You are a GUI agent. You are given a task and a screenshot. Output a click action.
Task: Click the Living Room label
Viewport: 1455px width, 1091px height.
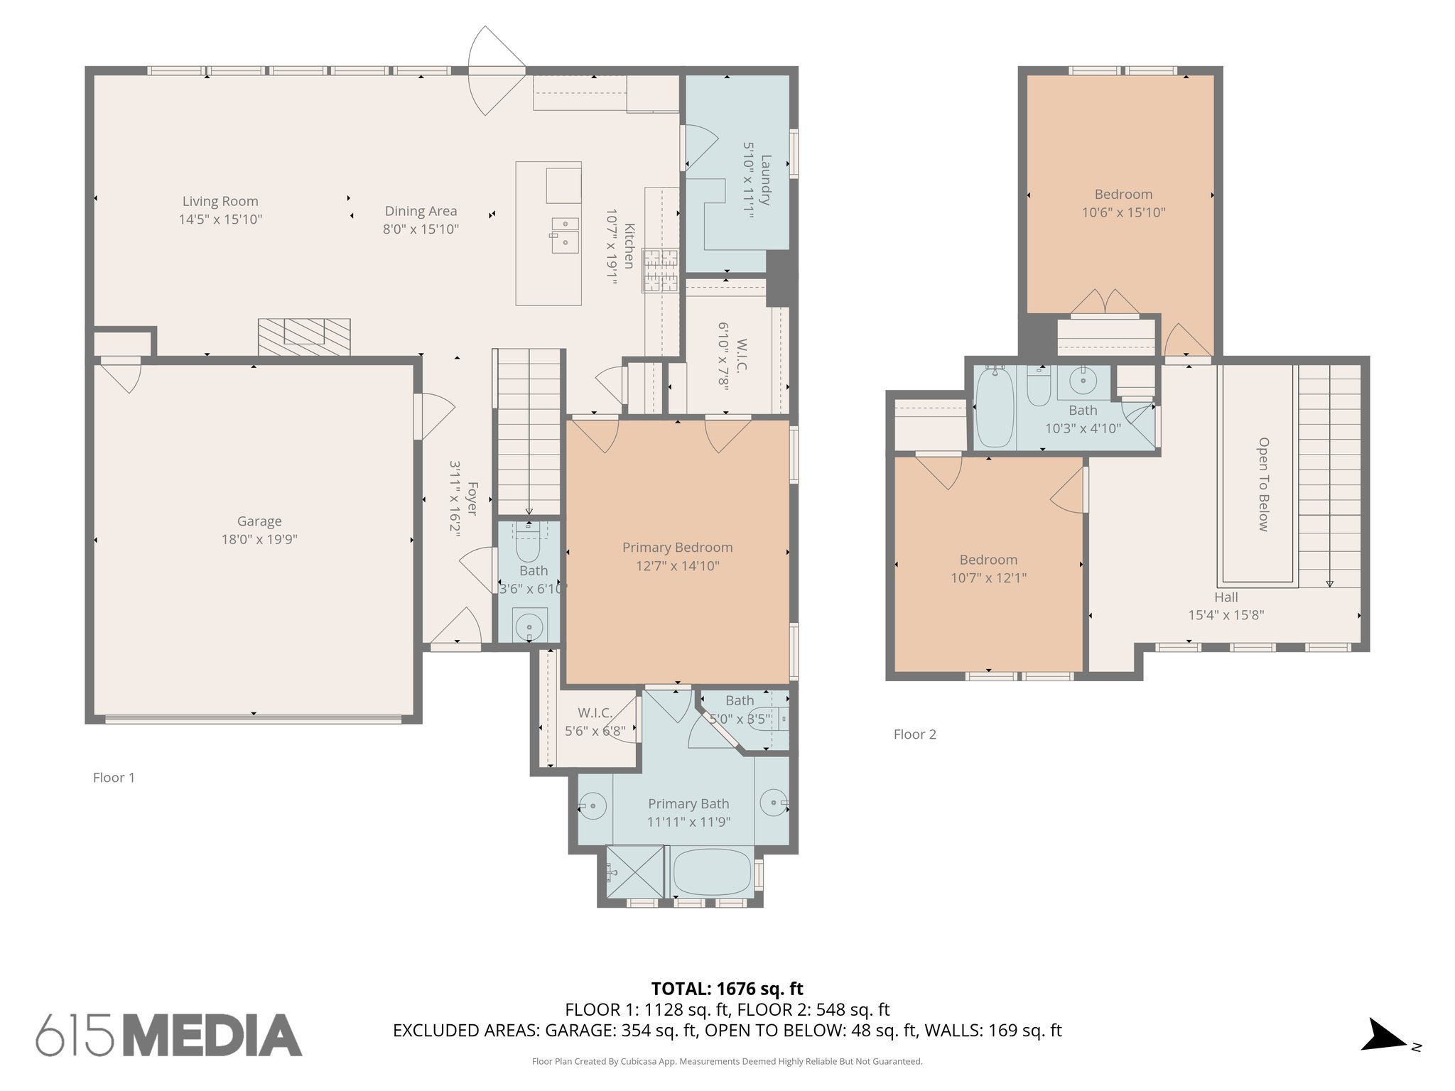click(220, 202)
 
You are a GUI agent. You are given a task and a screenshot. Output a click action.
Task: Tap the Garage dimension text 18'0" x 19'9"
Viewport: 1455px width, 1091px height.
click(259, 540)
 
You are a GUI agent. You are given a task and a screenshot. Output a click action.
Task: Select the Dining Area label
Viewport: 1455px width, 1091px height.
click(421, 211)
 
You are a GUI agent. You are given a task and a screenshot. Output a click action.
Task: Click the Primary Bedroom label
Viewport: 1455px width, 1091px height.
click(677, 548)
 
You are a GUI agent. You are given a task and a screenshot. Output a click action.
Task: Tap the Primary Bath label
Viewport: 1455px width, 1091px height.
click(688, 804)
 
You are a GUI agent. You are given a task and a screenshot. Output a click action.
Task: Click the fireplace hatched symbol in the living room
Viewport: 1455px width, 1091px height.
click(304, 337)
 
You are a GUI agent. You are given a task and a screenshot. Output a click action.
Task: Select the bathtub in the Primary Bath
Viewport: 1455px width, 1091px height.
click(711, 873)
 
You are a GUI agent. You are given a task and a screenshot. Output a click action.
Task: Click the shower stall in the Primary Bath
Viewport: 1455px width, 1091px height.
click(634, 872)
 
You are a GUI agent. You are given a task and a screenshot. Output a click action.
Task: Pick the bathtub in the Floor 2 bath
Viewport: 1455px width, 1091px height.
click(995, 407)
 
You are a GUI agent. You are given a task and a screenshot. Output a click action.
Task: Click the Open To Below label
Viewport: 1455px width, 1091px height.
click(1263, 484)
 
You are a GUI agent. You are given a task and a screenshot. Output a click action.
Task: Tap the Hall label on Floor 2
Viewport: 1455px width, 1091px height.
click(1226, 597)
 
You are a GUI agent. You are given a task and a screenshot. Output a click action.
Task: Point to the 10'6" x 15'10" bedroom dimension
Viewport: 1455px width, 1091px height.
click(1123, 212)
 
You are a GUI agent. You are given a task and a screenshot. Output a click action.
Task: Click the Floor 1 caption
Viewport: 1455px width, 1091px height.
click(114, 778)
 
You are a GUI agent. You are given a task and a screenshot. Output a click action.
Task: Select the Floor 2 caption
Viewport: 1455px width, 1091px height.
click(915, 734)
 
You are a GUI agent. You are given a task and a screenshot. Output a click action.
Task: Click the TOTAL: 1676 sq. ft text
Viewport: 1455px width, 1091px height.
click(727, 989)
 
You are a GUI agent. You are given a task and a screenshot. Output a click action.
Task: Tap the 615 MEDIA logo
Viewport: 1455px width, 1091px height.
click(169, 1035)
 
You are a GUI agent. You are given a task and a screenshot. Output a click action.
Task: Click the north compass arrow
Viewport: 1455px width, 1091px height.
click(1383, 1034)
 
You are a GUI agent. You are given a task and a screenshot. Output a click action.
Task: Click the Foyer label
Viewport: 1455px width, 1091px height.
click(472, 499)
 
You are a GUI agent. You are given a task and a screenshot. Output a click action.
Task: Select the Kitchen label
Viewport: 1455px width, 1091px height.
click(629, 246)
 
